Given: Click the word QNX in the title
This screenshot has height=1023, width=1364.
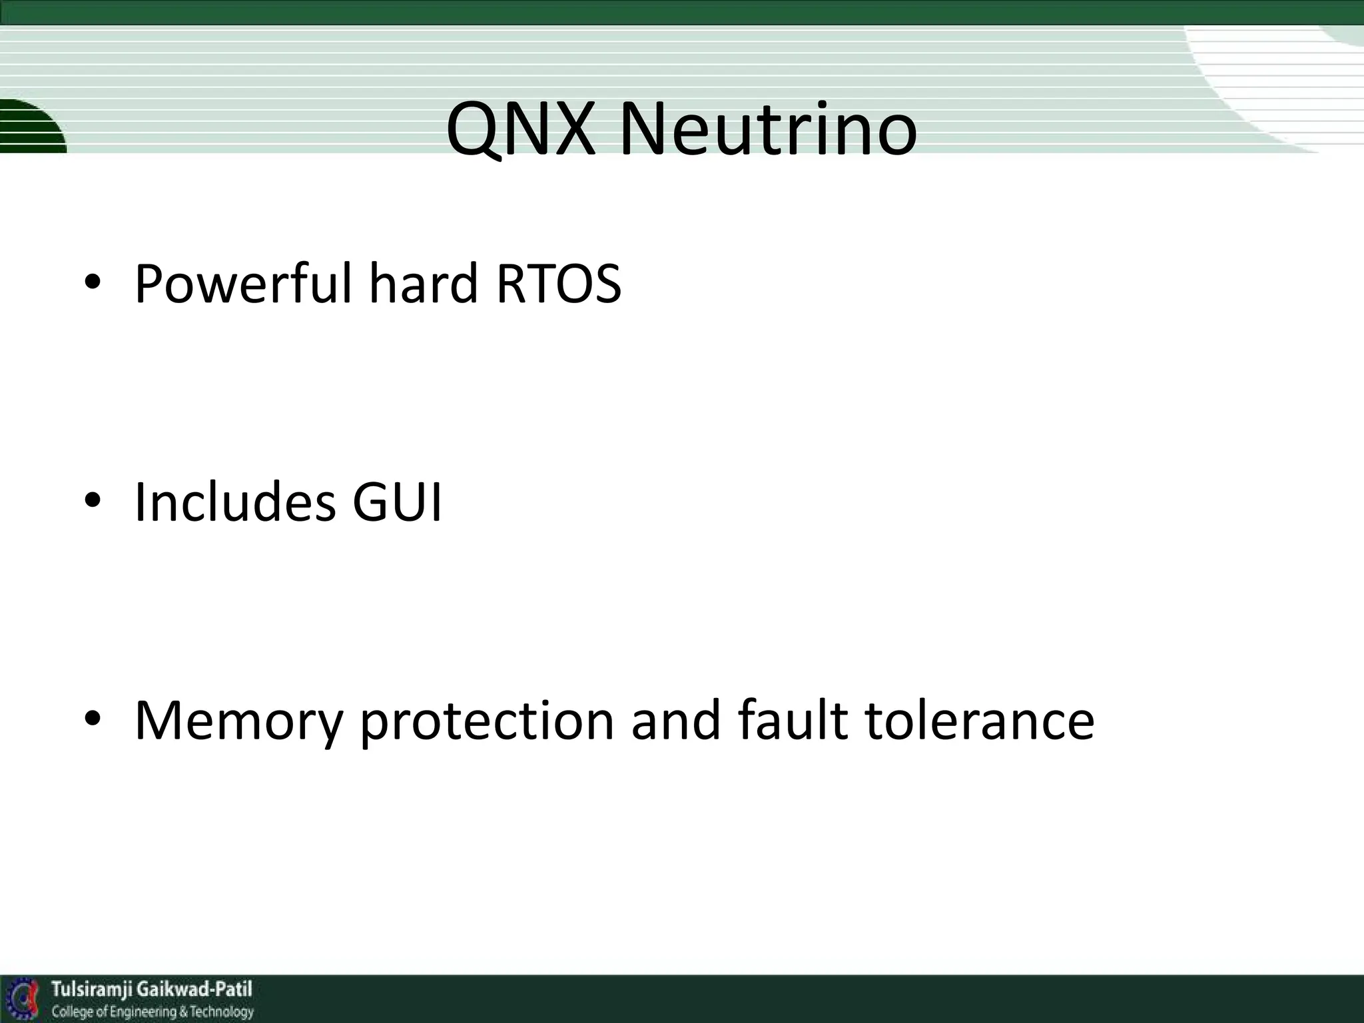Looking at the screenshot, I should [520, 129].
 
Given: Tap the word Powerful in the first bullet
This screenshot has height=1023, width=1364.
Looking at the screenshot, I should [242, 285].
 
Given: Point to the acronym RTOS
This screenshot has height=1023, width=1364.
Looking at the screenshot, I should [558, 285].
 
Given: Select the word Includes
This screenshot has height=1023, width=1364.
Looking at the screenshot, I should [234, 502].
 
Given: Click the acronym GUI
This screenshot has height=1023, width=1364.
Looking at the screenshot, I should [397, 502].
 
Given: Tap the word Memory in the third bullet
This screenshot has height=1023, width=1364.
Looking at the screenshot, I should [238, 722].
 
